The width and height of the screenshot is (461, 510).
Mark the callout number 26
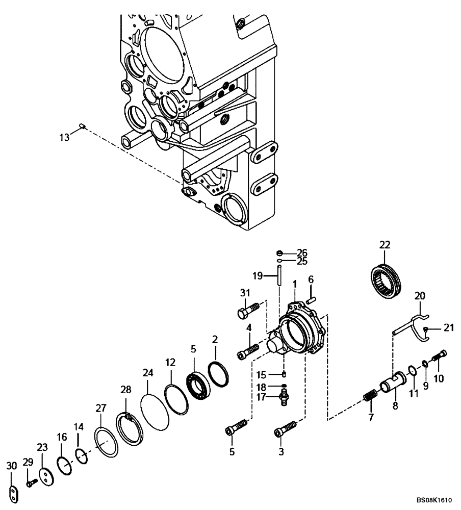tap(302, 252)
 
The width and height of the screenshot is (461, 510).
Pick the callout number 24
tap(148, 373)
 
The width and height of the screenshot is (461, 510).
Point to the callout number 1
tap(295, 284)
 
